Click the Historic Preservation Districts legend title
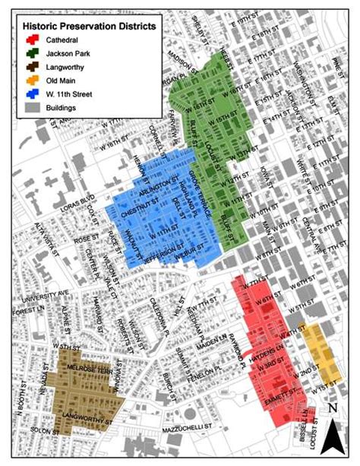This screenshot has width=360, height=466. [90, 26]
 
